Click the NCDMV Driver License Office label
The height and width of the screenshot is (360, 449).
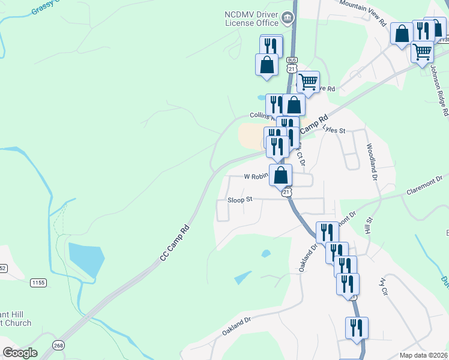[252, 18]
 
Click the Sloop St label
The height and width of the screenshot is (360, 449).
[240, 200]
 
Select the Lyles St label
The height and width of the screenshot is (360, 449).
[334, 130]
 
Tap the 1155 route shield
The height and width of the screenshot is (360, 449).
[38, 282]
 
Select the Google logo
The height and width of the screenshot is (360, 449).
[20, 353]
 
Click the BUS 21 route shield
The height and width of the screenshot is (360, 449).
[292, 65]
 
